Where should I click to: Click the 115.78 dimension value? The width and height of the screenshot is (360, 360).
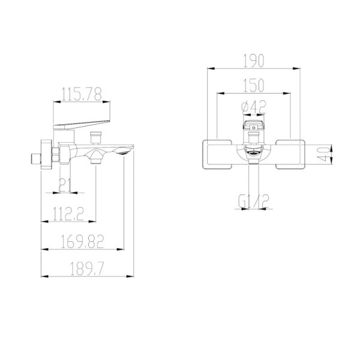click(x=82, y=94)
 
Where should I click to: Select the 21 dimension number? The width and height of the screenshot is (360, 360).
click(x=65, y=185)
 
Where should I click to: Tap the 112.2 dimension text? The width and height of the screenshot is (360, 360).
click(x=68, y=214)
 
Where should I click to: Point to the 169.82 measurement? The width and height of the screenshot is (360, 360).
click(x=82, y=241)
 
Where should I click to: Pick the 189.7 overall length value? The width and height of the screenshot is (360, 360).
click(x=87, y=269)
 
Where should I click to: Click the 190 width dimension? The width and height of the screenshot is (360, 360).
click(x=254, y=61)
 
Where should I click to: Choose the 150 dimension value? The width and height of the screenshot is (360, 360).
click(x=254, y=85)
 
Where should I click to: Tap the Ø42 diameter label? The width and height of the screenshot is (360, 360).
click(x=254, y=107)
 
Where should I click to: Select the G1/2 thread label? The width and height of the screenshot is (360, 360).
click(x=254, y=202)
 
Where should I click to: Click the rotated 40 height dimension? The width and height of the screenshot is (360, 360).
click(x=323, y=154)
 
